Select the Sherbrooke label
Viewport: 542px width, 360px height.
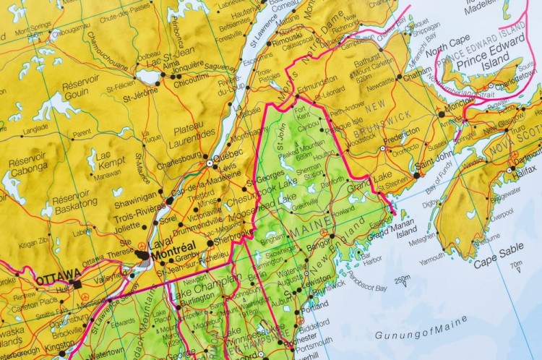237,234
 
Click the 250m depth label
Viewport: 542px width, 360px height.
402,280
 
